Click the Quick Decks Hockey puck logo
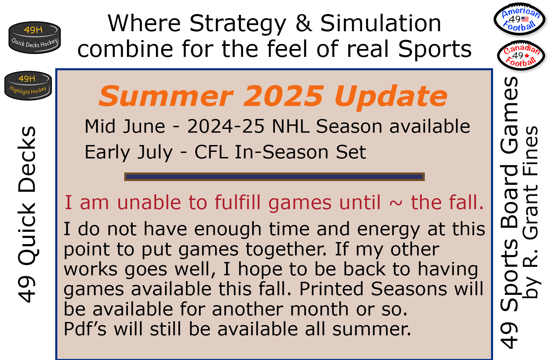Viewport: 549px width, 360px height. point(35,37)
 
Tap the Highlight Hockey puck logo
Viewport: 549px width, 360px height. point(28,85)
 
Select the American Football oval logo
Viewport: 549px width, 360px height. point(519,19)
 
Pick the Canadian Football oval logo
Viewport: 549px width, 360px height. point(521,56)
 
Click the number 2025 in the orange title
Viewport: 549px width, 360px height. point(283,96)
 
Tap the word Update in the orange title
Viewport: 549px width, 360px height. point(391,97)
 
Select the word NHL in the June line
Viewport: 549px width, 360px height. point(290,127)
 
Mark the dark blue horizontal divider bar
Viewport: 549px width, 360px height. point(274,177)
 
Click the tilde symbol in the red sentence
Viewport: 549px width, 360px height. point(396,203)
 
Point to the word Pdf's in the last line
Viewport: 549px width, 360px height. point(85,329)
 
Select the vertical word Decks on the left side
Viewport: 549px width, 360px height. point(27,159)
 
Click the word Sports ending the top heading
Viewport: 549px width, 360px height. point(435,49)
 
